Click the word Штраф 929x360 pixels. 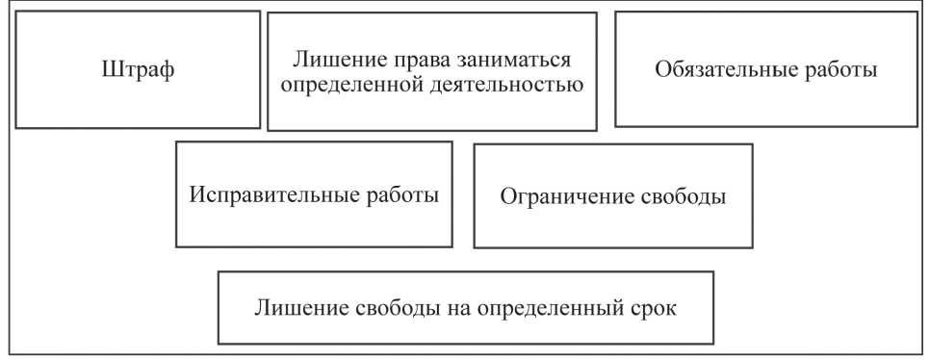click(x=139, y=70)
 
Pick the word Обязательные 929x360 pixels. click(x=719, y=70)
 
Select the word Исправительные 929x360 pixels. click(x=271, y=194)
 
